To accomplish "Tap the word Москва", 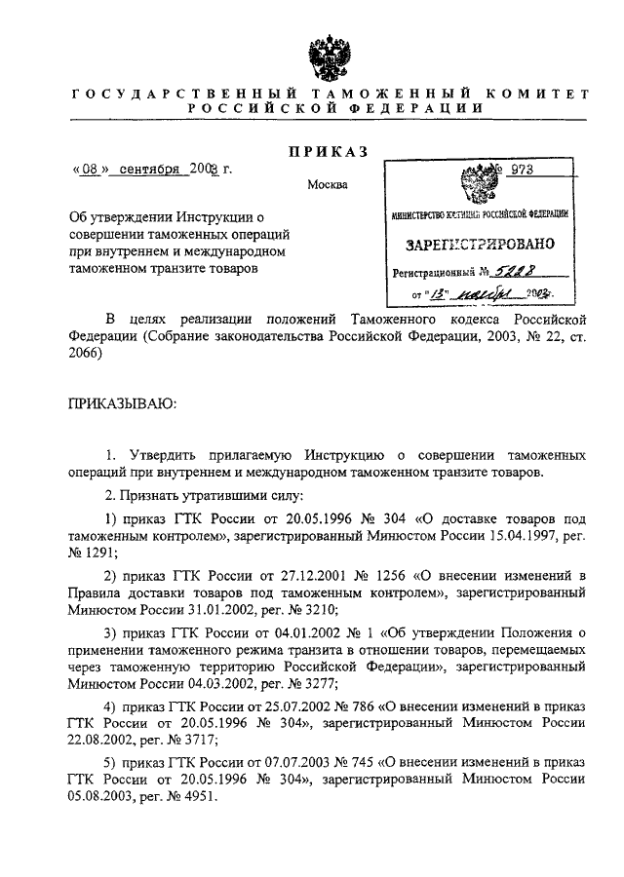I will tap(327, 185).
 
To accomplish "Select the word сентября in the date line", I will tap(152, 168).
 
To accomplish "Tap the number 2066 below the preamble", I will tap(84, 356).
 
